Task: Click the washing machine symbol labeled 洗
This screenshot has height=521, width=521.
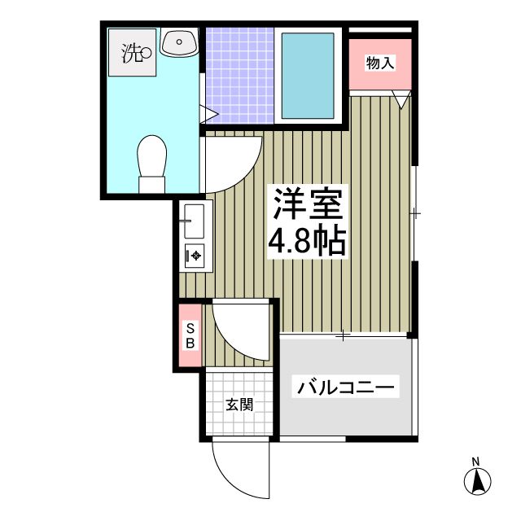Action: point(134,55)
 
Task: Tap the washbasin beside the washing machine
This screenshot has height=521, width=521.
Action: point(179,43)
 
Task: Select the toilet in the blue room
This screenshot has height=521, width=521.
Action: point(151,161)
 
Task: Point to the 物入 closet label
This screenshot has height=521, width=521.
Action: point(380,63)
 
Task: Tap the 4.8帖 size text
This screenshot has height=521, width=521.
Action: point(309,242)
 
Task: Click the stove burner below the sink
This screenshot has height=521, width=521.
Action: point(196,256)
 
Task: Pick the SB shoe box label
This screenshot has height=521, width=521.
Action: point(190,335)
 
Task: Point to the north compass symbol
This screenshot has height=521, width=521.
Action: point(478,481)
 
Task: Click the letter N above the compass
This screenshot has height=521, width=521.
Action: point(478,462)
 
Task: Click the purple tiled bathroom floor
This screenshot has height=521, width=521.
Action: point(238,73)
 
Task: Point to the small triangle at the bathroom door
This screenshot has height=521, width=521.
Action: point(209,113)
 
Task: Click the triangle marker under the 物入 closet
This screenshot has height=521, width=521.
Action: point(401,99)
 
